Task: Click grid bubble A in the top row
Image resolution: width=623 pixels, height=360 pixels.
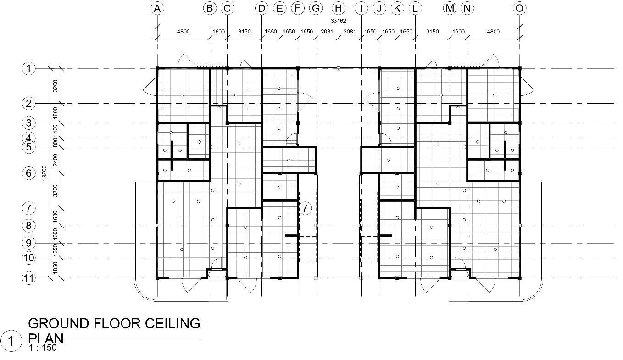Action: (x=157, y=8)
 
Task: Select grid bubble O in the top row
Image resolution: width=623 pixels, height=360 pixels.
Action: (x=519, y=8)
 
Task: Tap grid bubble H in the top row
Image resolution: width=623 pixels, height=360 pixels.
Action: (x=338, y=8)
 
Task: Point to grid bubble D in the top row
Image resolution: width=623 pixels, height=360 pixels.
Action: (x=261, y=8)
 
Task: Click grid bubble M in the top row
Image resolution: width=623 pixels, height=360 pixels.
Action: (x=450, y=8)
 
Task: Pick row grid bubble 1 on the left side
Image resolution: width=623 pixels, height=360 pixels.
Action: (x=28, y=68)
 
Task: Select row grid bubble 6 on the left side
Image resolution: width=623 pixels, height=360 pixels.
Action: (x=28, y=173)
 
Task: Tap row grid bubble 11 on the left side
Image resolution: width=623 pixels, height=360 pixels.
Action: (x=28, y=278)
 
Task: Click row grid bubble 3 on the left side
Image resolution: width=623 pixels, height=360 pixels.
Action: (x=28, y=123)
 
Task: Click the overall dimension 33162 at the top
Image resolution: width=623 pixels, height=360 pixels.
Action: (x=338, y=21)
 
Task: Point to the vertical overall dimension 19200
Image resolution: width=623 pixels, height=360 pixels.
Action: (x=44, y=173)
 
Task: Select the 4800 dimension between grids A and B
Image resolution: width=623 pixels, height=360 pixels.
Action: (x=183, y=32)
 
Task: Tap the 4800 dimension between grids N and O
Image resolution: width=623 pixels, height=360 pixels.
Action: (x=493, y=32)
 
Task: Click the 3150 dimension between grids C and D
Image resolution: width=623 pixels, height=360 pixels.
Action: (x=244, y=32)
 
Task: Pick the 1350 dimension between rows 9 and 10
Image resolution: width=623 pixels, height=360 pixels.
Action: (x=56, y=250)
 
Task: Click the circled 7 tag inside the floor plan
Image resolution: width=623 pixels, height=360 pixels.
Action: (x=305, y=208)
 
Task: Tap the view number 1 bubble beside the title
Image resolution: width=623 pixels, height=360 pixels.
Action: (x=11, y=341)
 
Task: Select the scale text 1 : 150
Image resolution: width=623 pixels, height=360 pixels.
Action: (x=43, y=348)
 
